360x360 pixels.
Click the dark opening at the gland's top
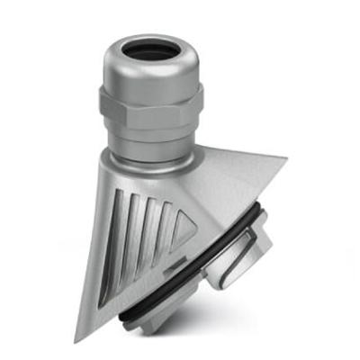[x=149, y=49]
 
